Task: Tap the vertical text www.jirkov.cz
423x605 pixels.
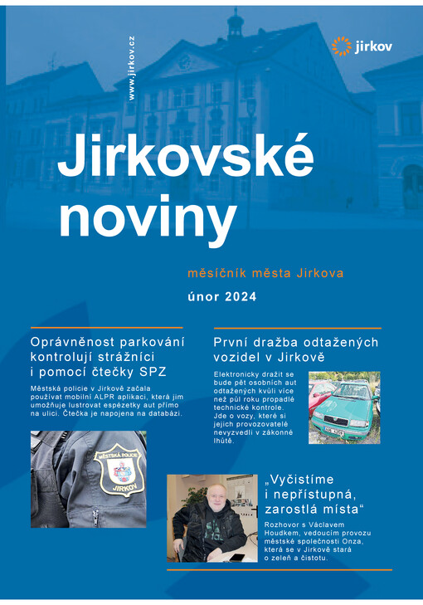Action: tap(131, 69)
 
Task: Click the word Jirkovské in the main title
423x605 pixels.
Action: tap(186, 156)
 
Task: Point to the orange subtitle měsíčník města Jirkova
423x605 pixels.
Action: tap(265, 272)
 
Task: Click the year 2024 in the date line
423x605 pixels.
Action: tap(241, 295)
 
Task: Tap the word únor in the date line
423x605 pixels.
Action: tap(205, 295)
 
